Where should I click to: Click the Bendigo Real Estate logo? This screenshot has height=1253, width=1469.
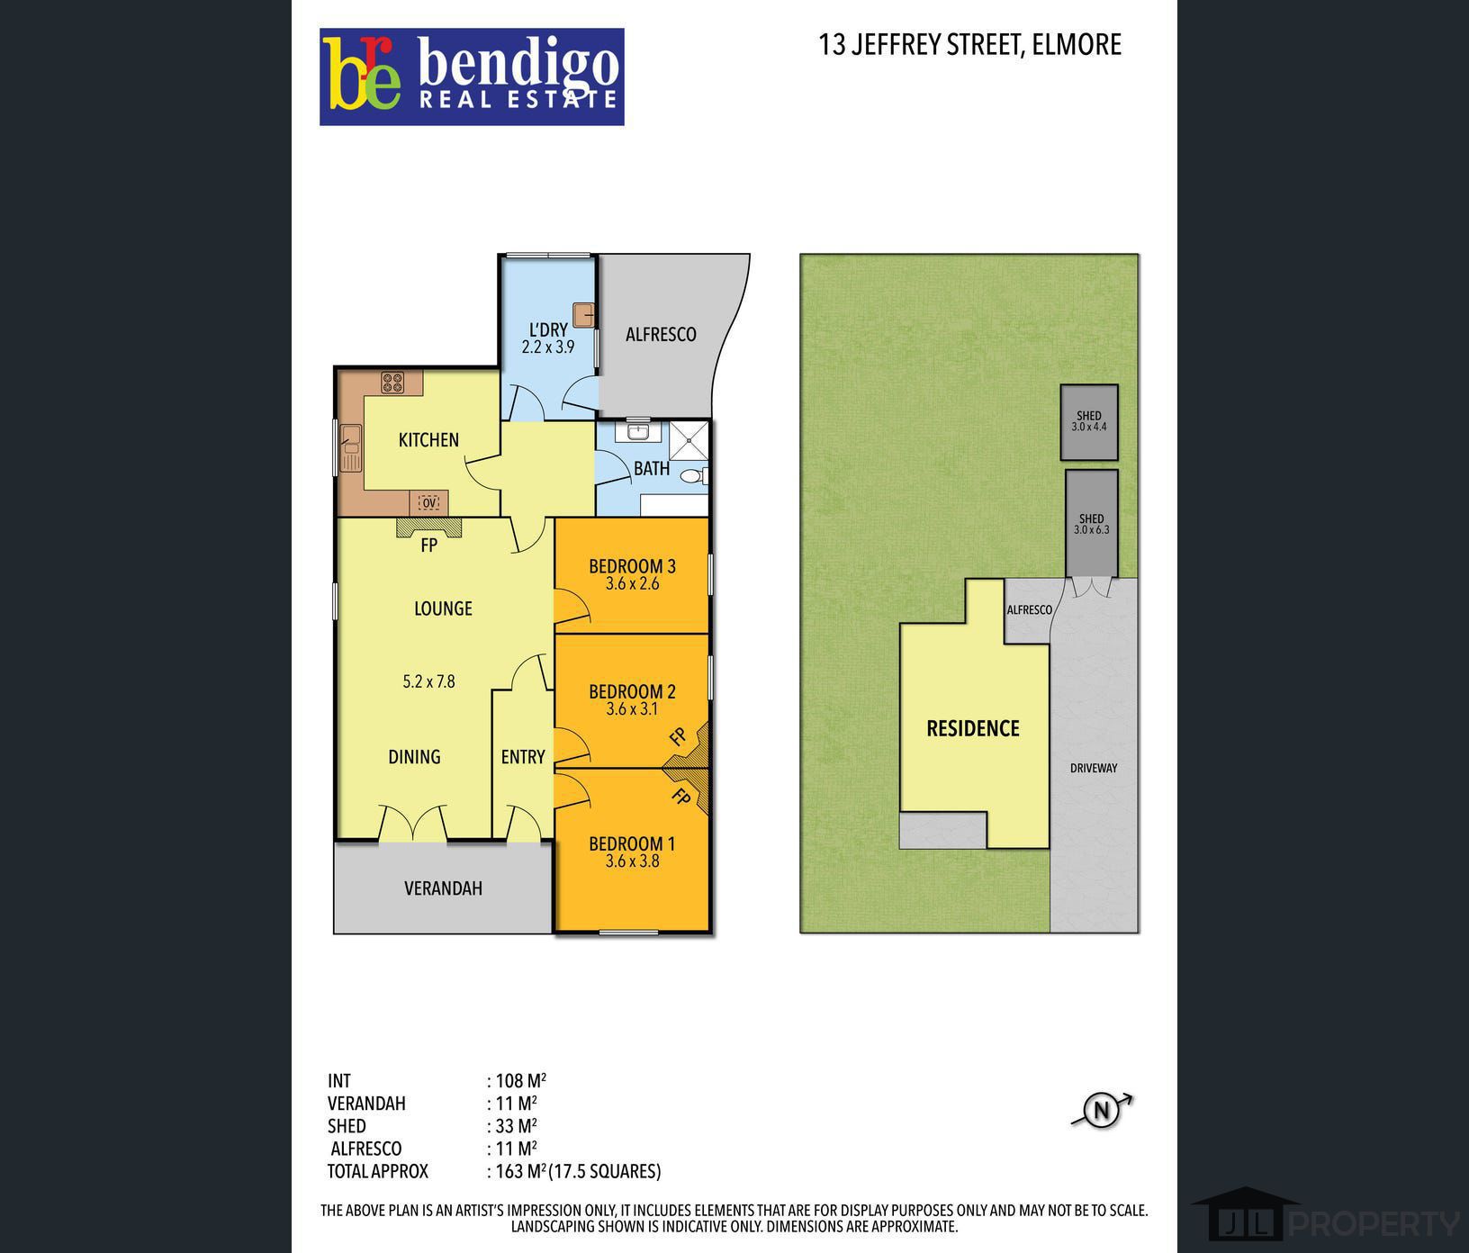472,77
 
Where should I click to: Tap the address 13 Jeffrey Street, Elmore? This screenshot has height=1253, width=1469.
969,45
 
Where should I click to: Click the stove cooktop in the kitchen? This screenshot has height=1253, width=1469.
392,383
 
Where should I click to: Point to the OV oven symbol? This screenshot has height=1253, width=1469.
429,502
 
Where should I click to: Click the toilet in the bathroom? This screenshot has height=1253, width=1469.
694,476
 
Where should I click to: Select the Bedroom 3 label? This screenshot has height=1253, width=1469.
632,566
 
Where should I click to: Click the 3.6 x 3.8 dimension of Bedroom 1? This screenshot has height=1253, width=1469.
632,861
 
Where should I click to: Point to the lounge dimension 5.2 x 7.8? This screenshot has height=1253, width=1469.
428,681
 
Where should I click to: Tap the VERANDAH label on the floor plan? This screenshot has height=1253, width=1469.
443,888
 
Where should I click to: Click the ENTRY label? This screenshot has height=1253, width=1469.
523,757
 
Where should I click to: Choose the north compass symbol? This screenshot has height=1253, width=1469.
1102,1110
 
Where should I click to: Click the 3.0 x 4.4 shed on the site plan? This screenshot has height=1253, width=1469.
1089,422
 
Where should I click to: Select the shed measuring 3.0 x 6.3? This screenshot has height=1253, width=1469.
1092,523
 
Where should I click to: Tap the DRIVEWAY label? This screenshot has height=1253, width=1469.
1094,768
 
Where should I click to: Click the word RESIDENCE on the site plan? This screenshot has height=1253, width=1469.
973,728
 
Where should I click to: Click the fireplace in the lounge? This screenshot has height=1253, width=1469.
429,527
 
